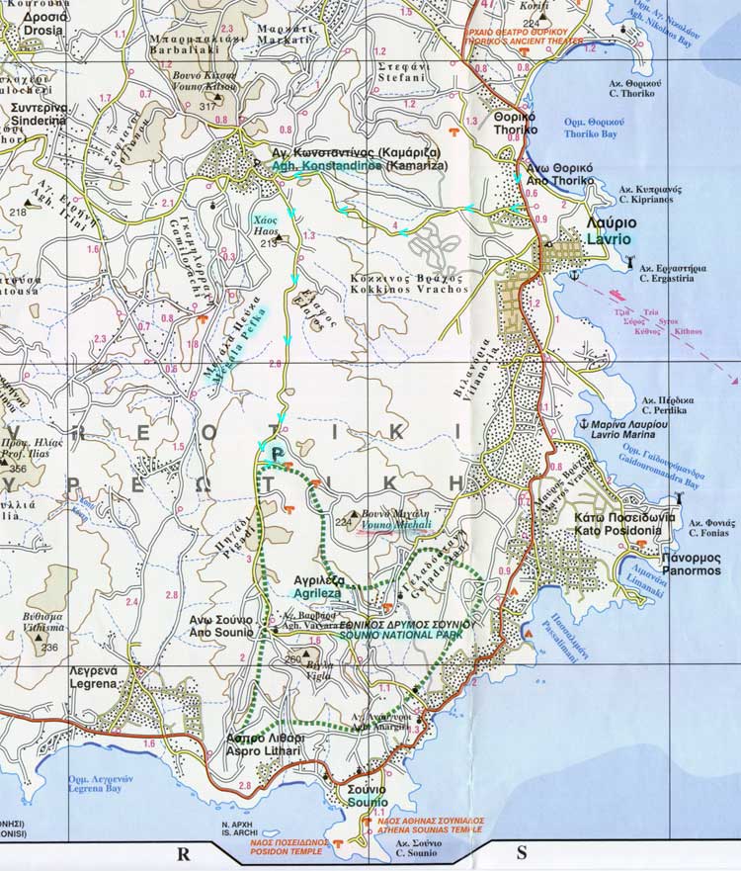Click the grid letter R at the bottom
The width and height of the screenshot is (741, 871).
coord(182,853)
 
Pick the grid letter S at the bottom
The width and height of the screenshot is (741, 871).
coord(521,853)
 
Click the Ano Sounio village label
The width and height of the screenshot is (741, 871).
coord(220,627)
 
